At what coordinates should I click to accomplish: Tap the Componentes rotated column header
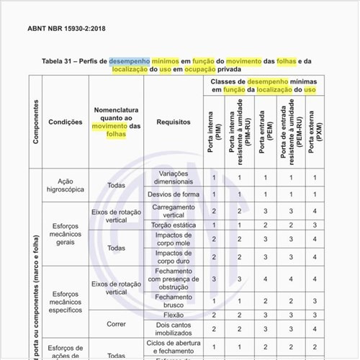pyautogui.click(x=36, y=121)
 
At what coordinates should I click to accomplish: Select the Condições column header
pyautogui.click(x=66, y=122)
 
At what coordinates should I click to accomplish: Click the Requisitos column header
pyautogui.click(x=174, y=122)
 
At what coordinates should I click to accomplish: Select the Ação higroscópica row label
pyautogui.click(x=66, y=185)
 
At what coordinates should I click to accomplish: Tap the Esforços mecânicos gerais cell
pyautogui.click(x=66, y=233)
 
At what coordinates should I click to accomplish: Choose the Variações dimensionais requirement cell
pyautogui.click(x=174, y=177)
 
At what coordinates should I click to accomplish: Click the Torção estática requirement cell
pyautogui.click(x=174, y=225)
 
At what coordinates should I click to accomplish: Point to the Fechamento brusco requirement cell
pyautogui.click(x=174, y=301)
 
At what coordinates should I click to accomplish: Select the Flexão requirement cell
pyautogui.click(x=174, y=315)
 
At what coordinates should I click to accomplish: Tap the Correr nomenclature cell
pyautogui.click(x=116, y=324)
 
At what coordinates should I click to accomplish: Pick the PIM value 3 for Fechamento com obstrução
pyautogui.click(x=214, y=279)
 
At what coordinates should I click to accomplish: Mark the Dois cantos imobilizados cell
pyautogui.click(x=174, y=329)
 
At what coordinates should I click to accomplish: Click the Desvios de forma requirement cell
pyautogui.click(x=174, y=194)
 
